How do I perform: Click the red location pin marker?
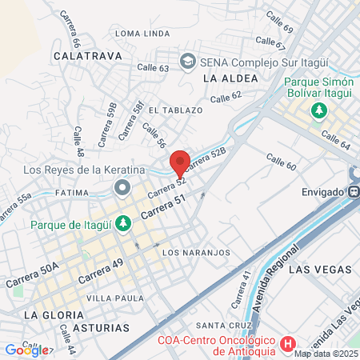click(x=180, y=161)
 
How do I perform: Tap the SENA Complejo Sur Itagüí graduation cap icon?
click(x=187, y=61)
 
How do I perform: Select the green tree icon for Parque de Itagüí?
click(x=122, y=223)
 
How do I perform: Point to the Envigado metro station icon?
click(x=353, y=192)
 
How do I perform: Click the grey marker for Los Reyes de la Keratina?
click(x=122, y=187)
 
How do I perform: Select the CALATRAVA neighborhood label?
click(x=86, y=56)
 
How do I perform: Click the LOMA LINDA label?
click(x=142, y=34)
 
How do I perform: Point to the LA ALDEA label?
click(x=230, y=78)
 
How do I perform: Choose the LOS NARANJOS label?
click(x=196, y=253)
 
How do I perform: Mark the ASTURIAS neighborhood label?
click(x=99, y=328)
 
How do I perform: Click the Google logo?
click(x=26, y=350)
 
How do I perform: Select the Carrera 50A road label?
click(x=32, y=276)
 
